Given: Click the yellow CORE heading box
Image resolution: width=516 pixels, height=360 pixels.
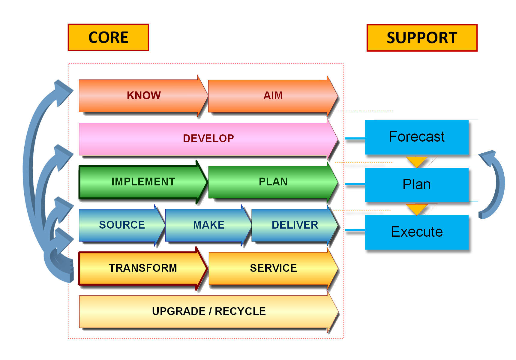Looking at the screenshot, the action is point(108,37).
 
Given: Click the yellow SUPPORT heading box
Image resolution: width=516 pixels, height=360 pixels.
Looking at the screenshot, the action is point(422,38).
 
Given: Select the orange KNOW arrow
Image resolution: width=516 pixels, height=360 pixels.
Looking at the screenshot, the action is point(143,96).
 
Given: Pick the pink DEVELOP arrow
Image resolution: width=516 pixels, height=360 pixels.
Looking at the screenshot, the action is point(208,139).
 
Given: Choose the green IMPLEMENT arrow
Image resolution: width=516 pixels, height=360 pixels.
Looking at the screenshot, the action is point(143,182).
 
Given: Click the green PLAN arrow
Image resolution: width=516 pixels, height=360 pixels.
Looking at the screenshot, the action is point(273,182).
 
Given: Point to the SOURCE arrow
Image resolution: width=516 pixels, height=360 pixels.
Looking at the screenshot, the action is point(122,225).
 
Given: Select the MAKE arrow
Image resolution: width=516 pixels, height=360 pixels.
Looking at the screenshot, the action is point(208,225).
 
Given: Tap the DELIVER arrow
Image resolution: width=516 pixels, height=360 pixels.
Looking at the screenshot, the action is point(295,225).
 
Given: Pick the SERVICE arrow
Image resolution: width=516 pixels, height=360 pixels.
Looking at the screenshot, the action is point(273,268).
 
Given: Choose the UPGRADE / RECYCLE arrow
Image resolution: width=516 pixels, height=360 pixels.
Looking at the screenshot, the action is point(208,311).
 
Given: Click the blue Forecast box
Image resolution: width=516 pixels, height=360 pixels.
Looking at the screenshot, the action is point(417,137).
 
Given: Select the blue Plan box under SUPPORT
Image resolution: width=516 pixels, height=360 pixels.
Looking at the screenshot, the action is point(417,185).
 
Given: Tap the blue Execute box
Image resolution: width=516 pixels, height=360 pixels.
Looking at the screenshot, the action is point(417,232).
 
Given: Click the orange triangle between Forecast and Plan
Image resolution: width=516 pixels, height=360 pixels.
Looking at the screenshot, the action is point(417,161).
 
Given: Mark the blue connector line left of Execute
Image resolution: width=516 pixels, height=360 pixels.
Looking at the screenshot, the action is point(355,230).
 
